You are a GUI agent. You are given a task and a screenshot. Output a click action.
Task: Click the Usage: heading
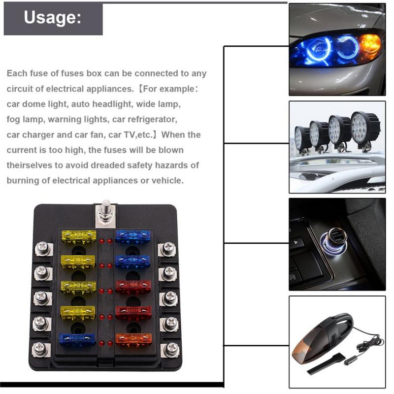[x=52, y=18]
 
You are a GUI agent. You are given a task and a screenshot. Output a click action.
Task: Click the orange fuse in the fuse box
[x=133, y=338]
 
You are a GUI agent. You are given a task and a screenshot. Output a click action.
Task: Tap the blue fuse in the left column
[x=78, y=339]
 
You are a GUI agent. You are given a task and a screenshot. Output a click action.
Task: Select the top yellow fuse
[x=78, y=235]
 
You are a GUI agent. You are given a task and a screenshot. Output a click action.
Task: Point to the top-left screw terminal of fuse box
[x=42, y=248]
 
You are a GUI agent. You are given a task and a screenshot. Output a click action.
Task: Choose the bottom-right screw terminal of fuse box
[x=170, y=349]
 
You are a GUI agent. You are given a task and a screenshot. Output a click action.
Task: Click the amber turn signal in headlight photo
[x=369, y=45]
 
